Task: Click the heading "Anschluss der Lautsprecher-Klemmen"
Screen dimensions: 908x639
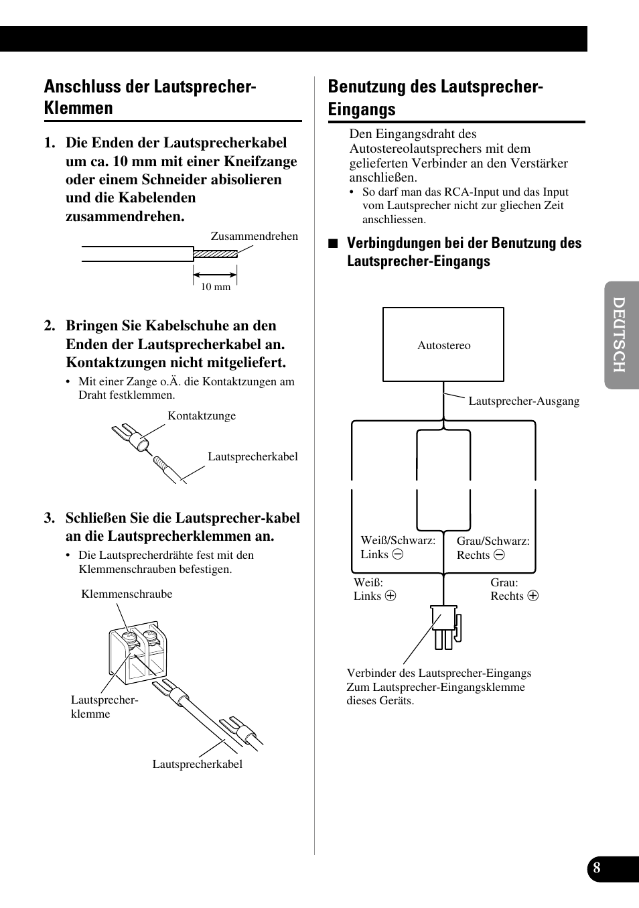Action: tap(150, 97)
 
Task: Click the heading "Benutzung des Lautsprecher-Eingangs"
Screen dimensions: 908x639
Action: tap(435, 98)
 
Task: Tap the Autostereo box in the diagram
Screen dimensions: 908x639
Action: tap(443, 344)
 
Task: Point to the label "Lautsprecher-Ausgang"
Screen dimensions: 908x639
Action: tap(524, 401)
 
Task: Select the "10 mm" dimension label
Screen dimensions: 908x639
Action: tap(216, 287)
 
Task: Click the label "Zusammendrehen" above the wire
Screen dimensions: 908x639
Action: tap(254, 236)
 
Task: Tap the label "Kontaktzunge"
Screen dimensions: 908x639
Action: tap(202, 415)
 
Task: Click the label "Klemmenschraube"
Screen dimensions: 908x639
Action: tap(127, 594)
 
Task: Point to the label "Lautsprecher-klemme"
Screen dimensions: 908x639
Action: tap(104, 706)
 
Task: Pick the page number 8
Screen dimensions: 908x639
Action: tap(597, 868)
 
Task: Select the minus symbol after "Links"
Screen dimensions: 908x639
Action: tap(398, 554)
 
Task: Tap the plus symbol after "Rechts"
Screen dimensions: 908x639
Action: tap(533, 596)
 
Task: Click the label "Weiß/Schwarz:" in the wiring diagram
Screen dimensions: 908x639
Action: tap(398, 540)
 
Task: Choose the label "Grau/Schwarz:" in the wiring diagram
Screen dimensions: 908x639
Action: tap(493, 541)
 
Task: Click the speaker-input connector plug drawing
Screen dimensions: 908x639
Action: tap(445, 627)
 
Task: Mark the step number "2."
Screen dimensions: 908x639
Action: tap(50, 326)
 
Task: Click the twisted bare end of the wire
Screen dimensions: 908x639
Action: tap(215, 254)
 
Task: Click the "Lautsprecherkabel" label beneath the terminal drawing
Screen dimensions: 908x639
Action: tap(197, 764)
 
